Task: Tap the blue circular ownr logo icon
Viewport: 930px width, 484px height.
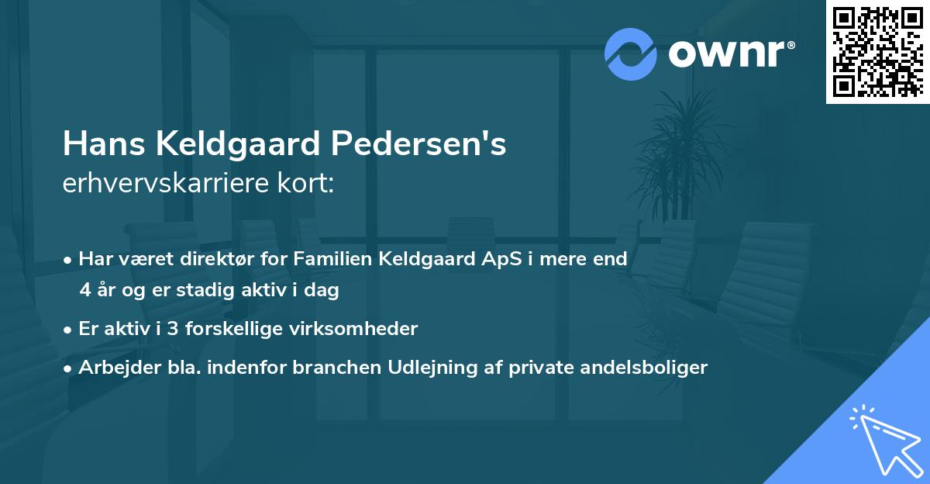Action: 631,54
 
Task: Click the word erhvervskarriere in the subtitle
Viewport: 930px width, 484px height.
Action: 162,183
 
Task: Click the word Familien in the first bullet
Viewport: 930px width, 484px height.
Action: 335,260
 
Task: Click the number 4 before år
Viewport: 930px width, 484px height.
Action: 84,291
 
